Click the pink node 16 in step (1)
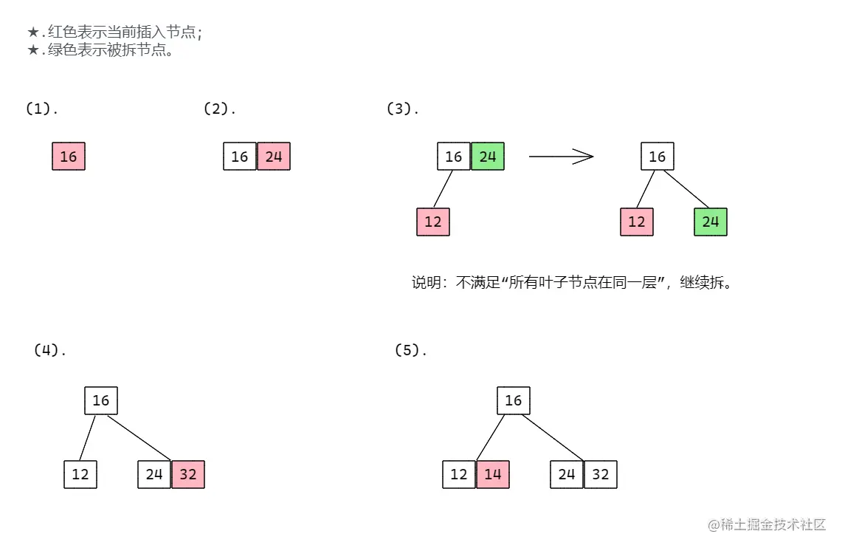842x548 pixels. tap(69, 157)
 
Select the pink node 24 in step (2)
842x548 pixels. tap(274, 157)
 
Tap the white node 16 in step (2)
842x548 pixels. tap(240, 157)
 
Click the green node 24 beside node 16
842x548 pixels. tap(488, 157)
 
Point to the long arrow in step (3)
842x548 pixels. tap(561, 156)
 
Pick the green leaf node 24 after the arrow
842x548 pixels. tap(711, 222)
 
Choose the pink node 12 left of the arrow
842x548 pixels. tap(433, 222)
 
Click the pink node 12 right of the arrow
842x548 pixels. tap(637, 222)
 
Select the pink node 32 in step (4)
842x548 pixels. tap(188, 474)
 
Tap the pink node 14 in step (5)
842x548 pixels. tap(493, 474)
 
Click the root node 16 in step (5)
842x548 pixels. tap(514, 400)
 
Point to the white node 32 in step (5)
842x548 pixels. tap(601, 474)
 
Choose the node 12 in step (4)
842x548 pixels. tap(80, 474)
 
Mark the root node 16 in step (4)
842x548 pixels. tap(101, 400)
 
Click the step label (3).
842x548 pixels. tap(402, 109)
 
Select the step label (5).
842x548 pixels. tap(411, 350)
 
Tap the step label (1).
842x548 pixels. tap(41, 109)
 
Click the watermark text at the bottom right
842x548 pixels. tap(767, 524)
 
